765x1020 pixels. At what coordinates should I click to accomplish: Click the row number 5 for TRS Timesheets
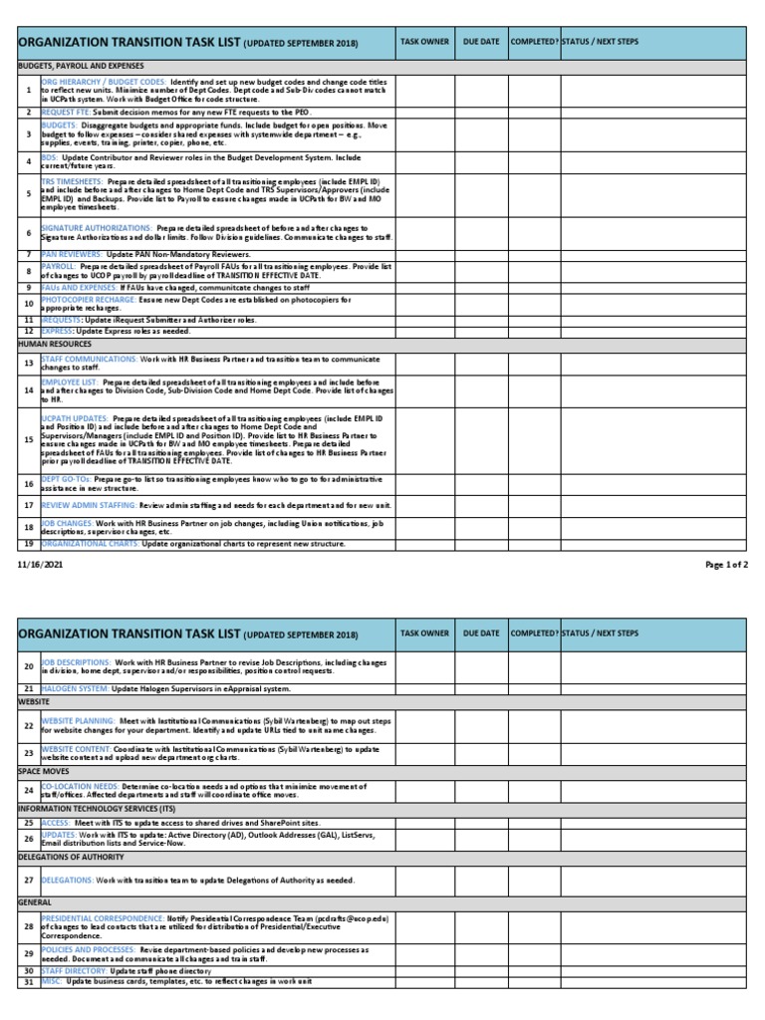29,194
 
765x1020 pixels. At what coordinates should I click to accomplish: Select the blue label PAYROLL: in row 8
58,268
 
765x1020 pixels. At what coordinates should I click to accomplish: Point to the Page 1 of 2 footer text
726,565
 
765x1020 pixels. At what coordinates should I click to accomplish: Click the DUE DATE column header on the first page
481,42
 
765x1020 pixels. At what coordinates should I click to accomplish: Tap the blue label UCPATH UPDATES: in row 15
74,419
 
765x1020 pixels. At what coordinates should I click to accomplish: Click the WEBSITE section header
35,702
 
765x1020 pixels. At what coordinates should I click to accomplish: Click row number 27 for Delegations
29,880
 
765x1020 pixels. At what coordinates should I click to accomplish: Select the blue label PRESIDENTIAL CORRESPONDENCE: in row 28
103,917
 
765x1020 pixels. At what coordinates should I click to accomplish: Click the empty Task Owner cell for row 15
424,438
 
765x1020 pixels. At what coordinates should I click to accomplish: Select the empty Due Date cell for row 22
481,726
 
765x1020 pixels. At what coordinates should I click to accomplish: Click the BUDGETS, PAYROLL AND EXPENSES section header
81,65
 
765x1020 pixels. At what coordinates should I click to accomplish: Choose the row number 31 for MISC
29,982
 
